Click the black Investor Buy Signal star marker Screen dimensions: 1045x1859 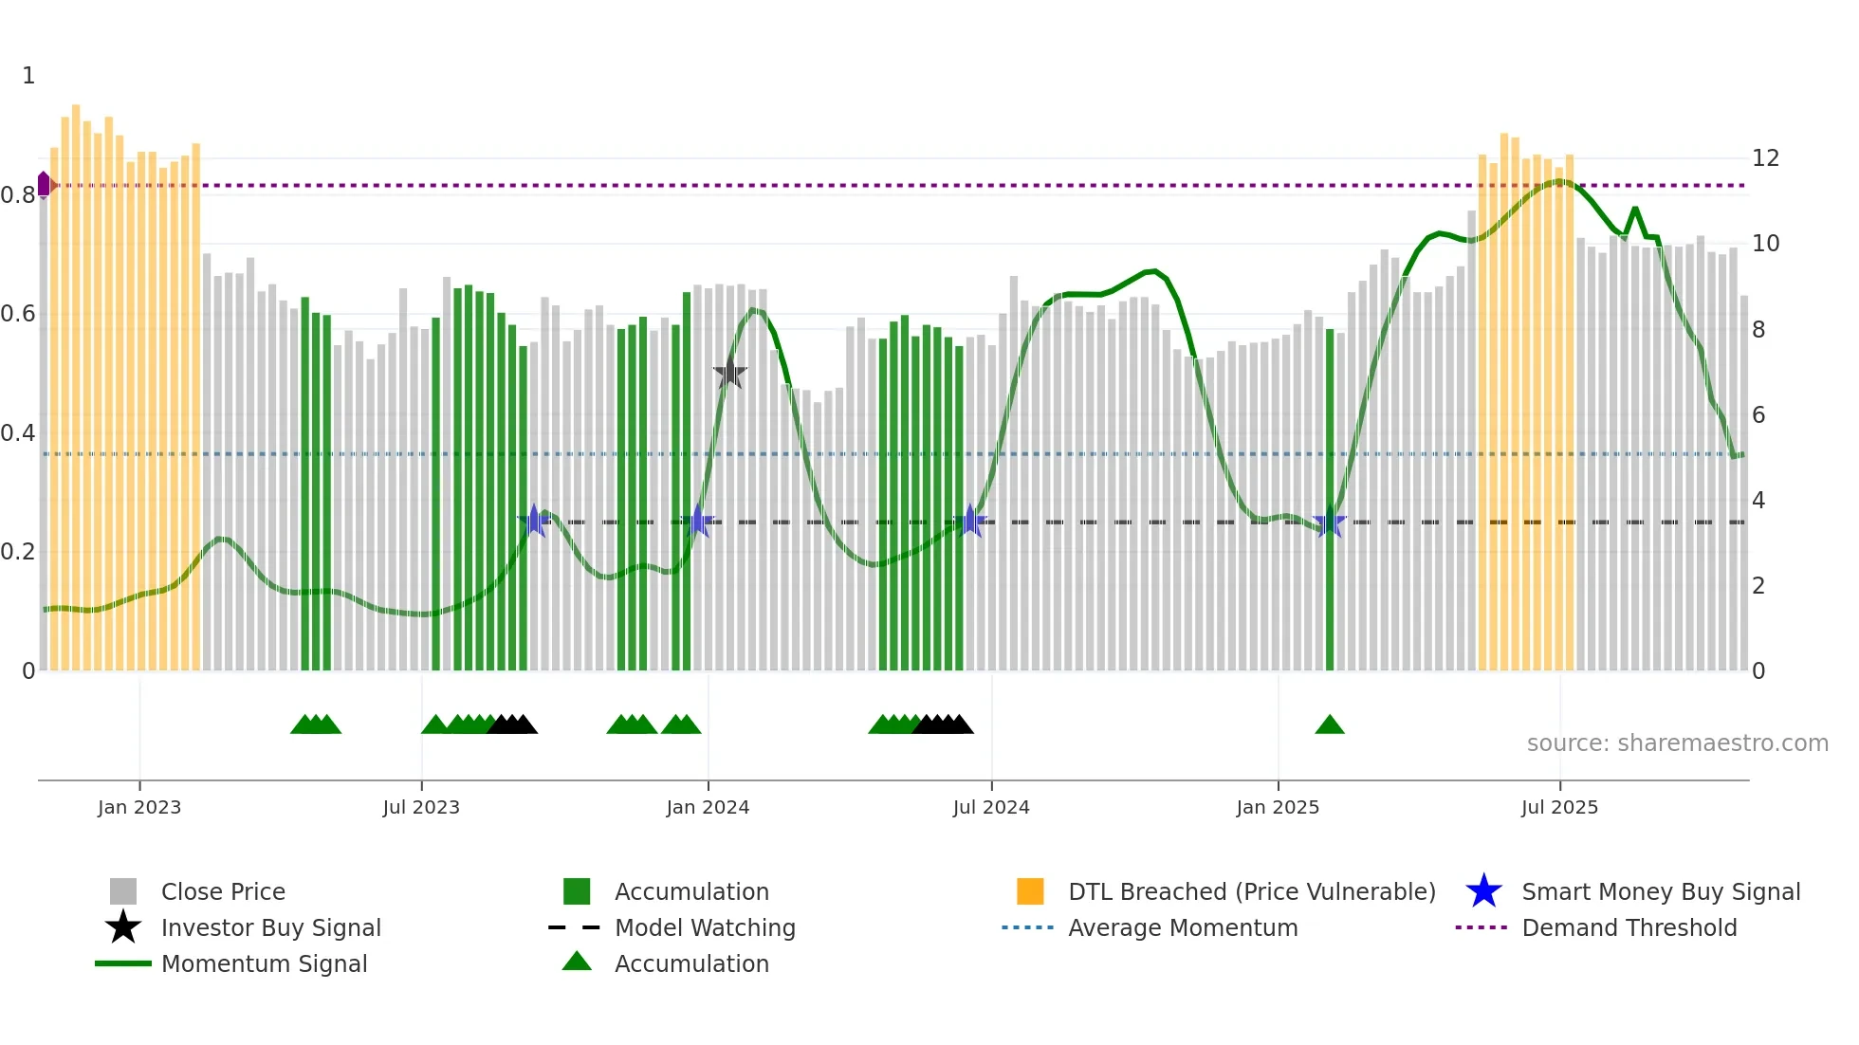click(729, 374)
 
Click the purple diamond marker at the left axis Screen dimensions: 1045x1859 click(44, 184)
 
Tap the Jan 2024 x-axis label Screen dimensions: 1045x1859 click(708, 807)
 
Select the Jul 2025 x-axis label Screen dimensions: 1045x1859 click(1559, 807)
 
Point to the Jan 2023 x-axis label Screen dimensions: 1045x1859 click(139, 807)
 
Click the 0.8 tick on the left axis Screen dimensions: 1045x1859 click(18, 195)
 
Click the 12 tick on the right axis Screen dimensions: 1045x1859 click(1765, 158)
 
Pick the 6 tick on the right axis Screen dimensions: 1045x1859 click(1758, 415)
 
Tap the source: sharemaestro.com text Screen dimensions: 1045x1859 click(1677, 743)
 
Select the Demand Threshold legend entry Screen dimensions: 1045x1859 click(1629, 927)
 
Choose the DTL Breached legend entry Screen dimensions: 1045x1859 click(1251, 891)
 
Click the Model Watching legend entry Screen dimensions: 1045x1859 click(704, 927)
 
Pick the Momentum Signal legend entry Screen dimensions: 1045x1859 click(264, 963)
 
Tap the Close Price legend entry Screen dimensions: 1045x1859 click(222, 891)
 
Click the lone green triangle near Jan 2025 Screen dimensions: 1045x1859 click(1330, 725)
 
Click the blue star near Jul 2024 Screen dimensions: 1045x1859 click(970, 522)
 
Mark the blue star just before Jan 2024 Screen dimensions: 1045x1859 click(699, 522)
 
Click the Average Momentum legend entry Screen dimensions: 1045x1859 click(1182, 927)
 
